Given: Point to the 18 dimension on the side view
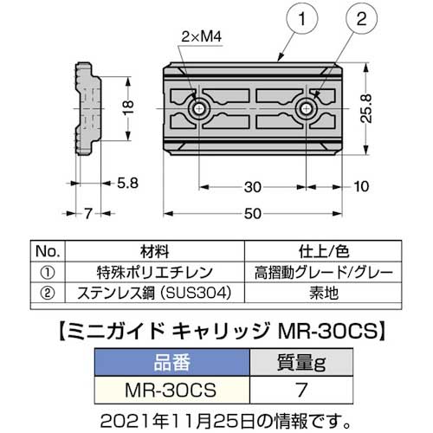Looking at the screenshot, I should click(x=126, y=110).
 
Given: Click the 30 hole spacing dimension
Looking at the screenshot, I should click(x=253, y=184).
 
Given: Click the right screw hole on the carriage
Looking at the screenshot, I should click(x=307, y=110).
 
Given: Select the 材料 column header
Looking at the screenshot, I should click(x=158, y=252).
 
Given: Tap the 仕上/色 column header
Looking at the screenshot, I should click(x=328, y=252).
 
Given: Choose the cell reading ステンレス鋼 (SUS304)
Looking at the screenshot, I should click(x=158, y=292).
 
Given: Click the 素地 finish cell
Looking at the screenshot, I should click(x=328, y=292).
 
